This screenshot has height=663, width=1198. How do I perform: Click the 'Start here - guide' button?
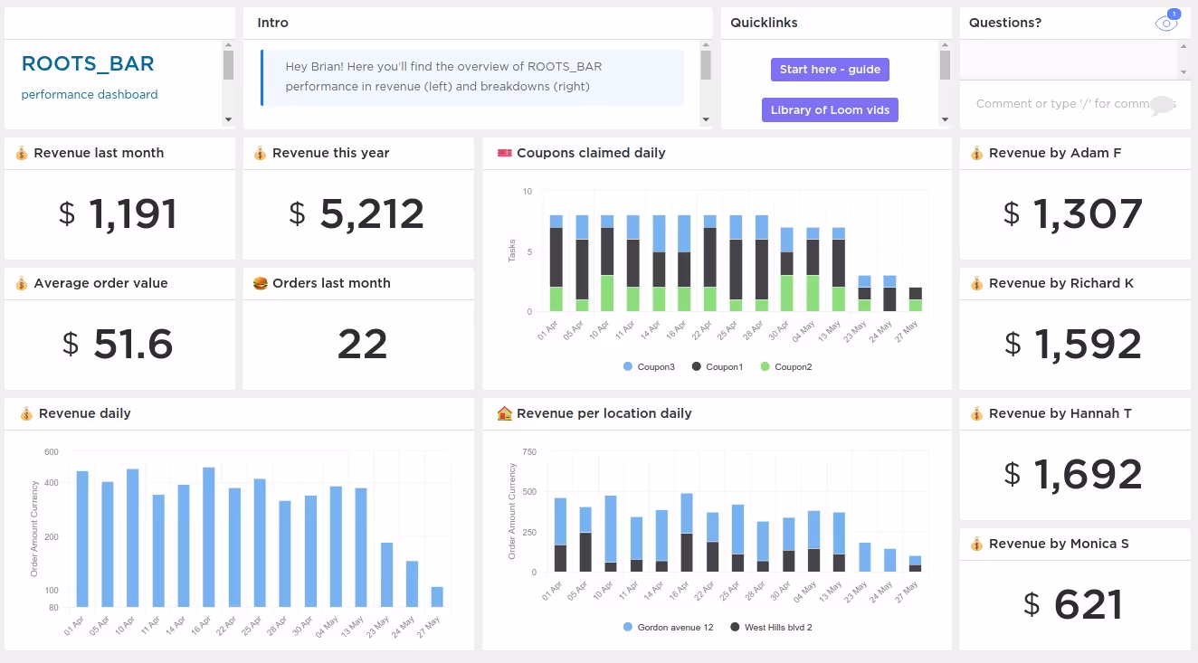pos(830,70)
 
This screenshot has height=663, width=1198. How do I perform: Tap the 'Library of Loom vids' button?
pos(830,110)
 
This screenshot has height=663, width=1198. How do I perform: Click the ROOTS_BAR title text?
pos(88,63)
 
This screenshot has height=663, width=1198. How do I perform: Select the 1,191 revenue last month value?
pos(133,214)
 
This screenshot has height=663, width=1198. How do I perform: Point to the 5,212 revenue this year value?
pos(372,214)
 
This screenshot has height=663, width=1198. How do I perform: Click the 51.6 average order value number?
pos(134,345)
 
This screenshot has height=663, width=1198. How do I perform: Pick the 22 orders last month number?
pos(362,345)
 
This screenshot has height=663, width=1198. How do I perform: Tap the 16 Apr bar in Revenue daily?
pos(209,536)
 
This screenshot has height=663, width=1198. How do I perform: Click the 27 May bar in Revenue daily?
pos(437,596)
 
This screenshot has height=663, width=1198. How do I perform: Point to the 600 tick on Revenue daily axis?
pos(51,452)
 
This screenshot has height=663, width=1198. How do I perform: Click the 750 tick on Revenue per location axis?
pos(529,452)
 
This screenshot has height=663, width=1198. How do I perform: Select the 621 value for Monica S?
pos(1089,605)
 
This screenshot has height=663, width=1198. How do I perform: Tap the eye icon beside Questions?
pos(1166,24)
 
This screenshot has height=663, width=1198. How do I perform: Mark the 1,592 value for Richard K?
pos(1087,345)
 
